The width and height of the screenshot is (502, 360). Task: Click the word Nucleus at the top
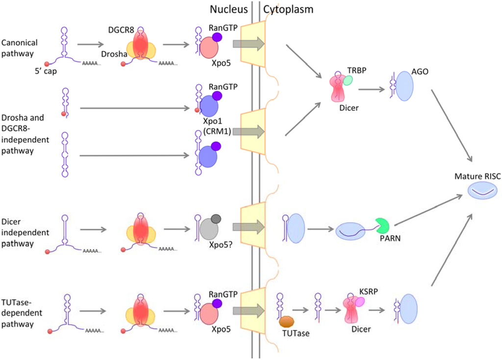click(229, 9)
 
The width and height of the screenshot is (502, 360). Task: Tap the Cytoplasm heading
click(288, 9)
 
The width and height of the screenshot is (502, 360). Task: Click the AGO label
click(420, 72)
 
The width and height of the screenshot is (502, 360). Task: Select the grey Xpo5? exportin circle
click(210, 230)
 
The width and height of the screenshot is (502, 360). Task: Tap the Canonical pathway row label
click(19, 48)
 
